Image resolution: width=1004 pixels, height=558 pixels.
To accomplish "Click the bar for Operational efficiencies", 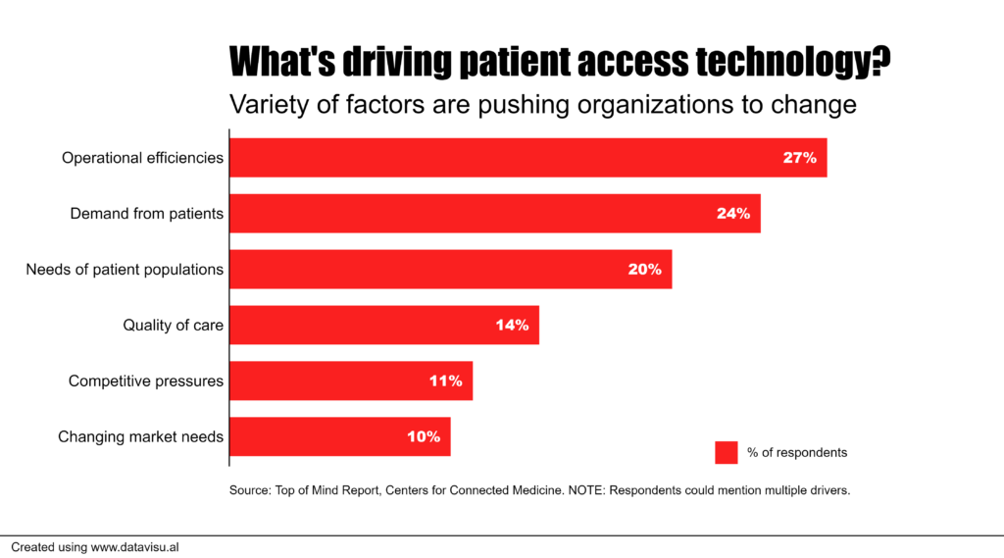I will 527,158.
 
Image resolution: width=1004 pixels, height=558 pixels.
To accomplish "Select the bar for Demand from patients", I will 494,214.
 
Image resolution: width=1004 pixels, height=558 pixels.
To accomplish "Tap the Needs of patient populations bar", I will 450,270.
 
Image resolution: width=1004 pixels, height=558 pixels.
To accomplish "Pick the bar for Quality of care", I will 383,325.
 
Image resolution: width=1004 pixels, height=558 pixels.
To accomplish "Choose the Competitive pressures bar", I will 351,380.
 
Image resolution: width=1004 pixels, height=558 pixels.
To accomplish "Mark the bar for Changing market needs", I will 339,436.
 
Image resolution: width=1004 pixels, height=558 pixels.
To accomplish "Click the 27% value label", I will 799,158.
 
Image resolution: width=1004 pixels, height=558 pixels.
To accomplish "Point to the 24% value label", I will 732,214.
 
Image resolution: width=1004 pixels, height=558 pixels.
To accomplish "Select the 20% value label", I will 644,270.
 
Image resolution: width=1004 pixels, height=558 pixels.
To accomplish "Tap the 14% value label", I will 512,325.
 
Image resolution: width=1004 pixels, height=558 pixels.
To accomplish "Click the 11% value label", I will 445,380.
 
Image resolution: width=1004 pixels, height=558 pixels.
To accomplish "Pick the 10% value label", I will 424,436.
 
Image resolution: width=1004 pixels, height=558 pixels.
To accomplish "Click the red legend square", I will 726,452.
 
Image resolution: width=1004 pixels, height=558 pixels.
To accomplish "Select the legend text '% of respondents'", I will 796,453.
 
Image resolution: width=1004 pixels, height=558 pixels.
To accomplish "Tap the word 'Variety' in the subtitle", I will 261,104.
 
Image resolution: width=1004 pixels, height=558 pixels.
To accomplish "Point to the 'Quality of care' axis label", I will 173,326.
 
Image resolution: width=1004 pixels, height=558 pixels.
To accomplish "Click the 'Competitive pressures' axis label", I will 146,381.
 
